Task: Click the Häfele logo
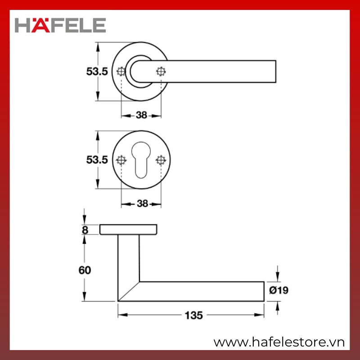60,25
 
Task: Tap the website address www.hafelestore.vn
279,342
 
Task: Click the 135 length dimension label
194,315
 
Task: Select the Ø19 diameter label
279,290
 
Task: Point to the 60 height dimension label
85,270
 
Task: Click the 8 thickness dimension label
85,230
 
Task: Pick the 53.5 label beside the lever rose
97,72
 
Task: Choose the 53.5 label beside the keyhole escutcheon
97,160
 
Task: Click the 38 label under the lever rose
141,115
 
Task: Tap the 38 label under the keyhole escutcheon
142,203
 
